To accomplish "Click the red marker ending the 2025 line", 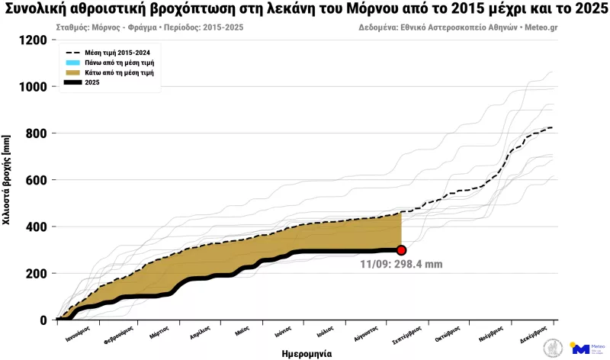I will (401, 250).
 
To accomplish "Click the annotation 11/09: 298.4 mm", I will (401, 265).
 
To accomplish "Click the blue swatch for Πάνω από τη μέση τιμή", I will (72, 62).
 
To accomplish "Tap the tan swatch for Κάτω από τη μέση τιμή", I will (72, 72).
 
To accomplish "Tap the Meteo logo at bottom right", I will (586, 348).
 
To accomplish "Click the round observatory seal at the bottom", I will (551, 348).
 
